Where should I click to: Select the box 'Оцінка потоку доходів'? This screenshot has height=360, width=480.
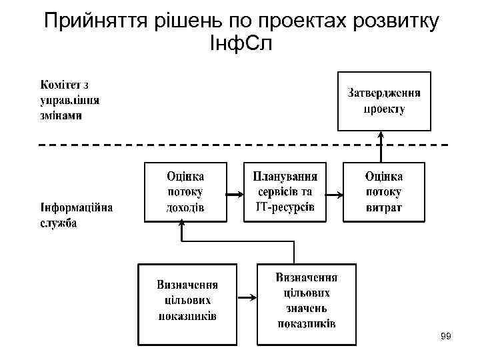(185, 191)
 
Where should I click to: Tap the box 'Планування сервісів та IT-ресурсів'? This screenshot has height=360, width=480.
(285, 191)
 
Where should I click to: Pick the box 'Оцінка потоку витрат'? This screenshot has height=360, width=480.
(383, 191)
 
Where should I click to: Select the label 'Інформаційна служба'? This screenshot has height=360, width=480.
(75, 215)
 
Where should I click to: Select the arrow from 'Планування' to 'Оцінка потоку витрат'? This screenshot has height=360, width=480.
(334, 194)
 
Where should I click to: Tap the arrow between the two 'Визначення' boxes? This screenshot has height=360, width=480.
(247, 298)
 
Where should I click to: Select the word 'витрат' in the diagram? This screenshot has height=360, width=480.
(383, 208)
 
